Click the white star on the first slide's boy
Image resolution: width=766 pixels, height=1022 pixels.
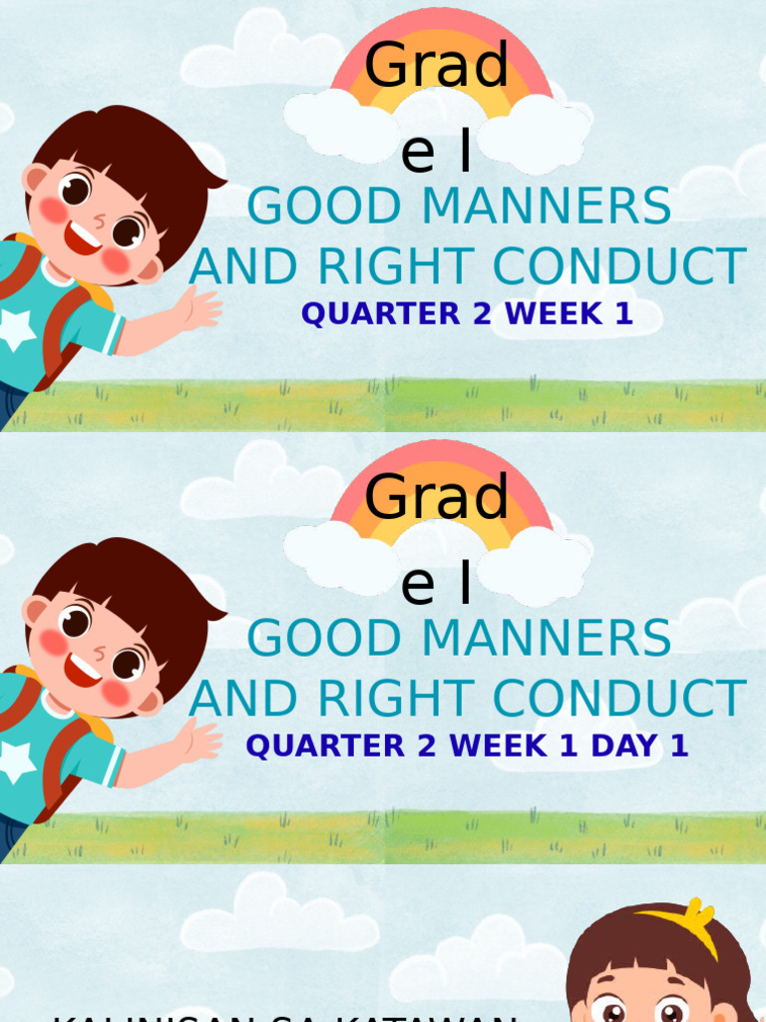[16, 328]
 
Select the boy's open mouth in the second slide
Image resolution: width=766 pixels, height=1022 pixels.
[83, 670]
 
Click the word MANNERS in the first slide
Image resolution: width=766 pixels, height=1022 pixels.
[547, 208]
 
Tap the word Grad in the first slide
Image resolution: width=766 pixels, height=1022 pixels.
[437, 67]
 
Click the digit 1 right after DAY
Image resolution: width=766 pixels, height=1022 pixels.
[679, 746]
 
